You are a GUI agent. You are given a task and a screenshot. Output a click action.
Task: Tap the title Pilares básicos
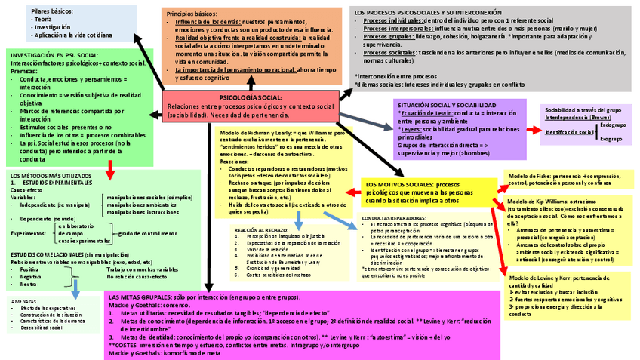point(53,12)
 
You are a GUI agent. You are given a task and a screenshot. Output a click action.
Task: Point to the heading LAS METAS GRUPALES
point(140,297)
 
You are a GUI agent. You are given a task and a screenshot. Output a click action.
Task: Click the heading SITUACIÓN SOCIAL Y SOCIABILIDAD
point(446,106)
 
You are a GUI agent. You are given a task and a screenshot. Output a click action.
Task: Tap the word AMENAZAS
point(25,301)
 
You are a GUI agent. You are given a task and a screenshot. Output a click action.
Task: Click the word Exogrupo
point(611,139)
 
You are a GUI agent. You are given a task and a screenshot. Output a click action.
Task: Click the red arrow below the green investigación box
point(110,171)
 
